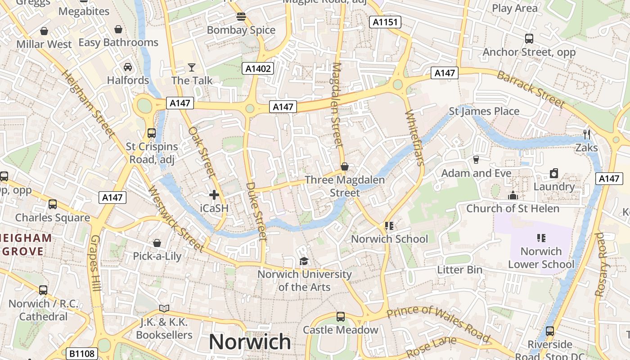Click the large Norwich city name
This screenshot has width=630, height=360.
point(250,342)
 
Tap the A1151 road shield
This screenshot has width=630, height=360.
point(385,22)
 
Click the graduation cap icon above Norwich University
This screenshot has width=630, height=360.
point(304,261)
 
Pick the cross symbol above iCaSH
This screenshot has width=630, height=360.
point(214,195)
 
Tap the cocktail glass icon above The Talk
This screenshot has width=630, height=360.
point(192,67)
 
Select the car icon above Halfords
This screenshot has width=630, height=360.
point(128,67)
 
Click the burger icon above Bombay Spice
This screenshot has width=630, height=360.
point(241,17)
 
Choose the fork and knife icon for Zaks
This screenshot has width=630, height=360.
point(586,134)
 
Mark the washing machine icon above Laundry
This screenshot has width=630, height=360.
point(554,173)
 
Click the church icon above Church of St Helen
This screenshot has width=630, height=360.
point(513,195)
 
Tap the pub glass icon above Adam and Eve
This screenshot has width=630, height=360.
point(476,160)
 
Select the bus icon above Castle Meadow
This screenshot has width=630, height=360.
point(341,317)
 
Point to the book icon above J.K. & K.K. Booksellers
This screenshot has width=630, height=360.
point(164,309)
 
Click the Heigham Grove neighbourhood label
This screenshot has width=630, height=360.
point(26,244)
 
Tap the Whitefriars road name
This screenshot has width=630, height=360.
point(414,137)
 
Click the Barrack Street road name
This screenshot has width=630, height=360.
point(531,89)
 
